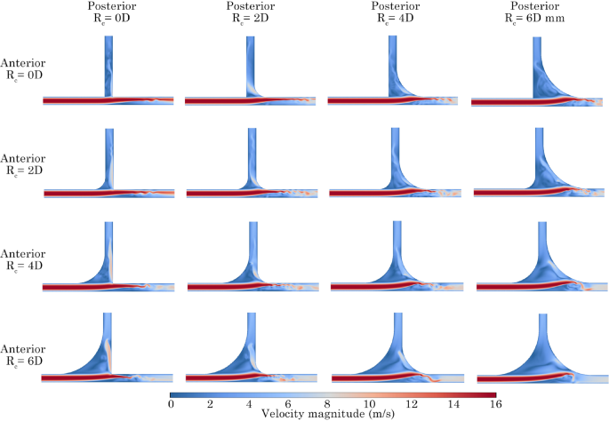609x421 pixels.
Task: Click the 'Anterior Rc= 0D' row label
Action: [23, 68]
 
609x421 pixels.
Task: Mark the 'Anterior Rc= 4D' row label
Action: [23, 258]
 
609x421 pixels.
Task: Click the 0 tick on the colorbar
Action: [171, 404]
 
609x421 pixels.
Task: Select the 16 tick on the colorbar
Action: [494, 404]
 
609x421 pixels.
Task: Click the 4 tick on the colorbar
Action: [252, 404]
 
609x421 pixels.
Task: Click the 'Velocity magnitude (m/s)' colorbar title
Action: [332, 414]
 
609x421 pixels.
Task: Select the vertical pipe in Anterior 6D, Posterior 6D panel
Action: [536, 329]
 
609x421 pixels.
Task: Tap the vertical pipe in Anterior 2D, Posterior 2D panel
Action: [251, 151]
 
